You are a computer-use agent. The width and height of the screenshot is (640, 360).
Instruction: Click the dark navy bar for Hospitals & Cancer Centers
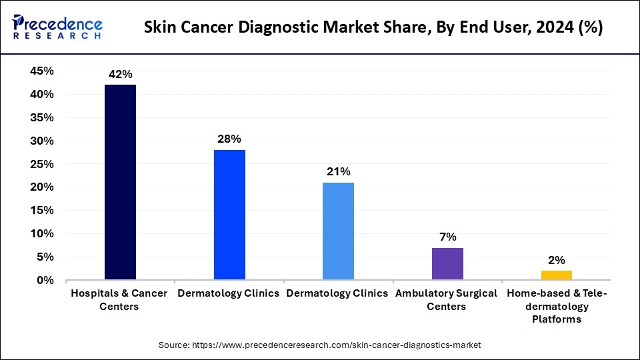coord(120,182)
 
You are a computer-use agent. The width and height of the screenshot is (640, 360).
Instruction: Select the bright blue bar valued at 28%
coord(229,215)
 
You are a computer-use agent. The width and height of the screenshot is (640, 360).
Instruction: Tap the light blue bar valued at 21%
coord(338,231)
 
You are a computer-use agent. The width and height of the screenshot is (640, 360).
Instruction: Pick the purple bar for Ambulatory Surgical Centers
coord(447,263)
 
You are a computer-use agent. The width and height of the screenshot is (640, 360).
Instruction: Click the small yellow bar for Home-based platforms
coord(556,275)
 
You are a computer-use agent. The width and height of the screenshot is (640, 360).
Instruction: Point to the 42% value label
coord(120,75)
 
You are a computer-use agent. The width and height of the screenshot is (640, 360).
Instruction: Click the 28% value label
coord(229,139)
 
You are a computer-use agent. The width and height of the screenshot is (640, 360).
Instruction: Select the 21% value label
coord(338,172)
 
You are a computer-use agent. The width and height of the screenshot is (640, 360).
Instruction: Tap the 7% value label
coord(447,237)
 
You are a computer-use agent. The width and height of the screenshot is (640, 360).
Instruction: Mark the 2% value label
coord(556,260)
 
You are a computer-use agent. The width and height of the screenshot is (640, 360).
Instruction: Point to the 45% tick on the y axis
coord(42,71)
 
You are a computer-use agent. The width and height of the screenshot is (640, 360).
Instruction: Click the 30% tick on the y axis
coord(42,141)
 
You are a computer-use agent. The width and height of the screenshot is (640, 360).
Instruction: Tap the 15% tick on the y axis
coord(42,211)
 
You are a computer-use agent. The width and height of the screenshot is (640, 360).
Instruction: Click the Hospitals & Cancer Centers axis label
coord(120,300)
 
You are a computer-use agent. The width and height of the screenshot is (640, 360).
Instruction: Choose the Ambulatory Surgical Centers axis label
coord(447,300)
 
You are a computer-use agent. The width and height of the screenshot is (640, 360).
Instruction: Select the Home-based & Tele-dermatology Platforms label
coord(556,306)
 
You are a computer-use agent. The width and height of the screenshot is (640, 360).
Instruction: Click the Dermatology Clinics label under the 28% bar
coord(228,294)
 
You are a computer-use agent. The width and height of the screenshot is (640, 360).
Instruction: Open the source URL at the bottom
coord(319,345)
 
